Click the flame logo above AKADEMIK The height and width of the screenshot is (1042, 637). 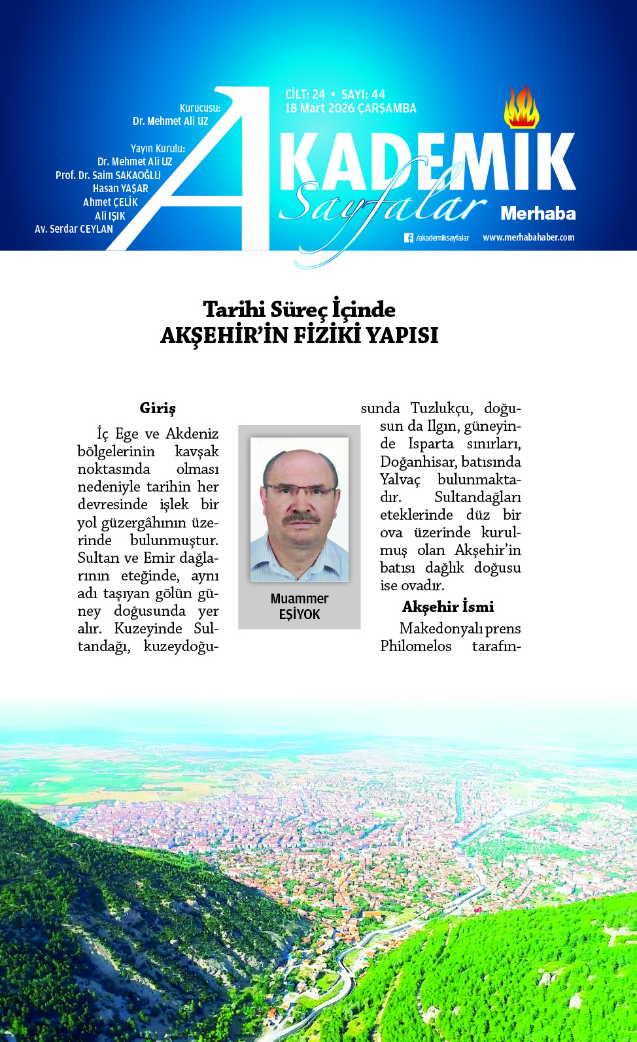coord(521,108)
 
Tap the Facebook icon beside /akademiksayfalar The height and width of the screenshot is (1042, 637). coord(408,238)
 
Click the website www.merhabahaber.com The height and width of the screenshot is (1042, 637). coord(528,237)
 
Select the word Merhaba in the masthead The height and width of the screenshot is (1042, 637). coord(538,214)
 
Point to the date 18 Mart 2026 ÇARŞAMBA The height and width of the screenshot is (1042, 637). coord(351,109)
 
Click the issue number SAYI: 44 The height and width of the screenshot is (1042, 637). coord(363,94)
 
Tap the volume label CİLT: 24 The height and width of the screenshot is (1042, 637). coord(305,94)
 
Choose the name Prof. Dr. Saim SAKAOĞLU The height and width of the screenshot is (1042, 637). coord(108,175)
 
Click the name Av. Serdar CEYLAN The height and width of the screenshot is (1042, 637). coord(74,229)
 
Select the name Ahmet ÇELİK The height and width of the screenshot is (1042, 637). coord(111,202)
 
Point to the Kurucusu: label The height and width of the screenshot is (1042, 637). coord(200,108)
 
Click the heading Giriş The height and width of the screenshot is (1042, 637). coord(158,408)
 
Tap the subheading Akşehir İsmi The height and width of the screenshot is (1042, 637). coord(448,607)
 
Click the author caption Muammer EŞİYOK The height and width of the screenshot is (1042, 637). coord(300,607)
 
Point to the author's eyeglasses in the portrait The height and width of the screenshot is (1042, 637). coord(300,490)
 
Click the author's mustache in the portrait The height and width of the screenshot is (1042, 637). coord(301,519)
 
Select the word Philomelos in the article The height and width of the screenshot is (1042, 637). coord(416,646)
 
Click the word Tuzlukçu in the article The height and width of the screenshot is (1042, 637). coord(441,408)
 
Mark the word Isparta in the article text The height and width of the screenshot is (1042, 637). coord(430,444)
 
